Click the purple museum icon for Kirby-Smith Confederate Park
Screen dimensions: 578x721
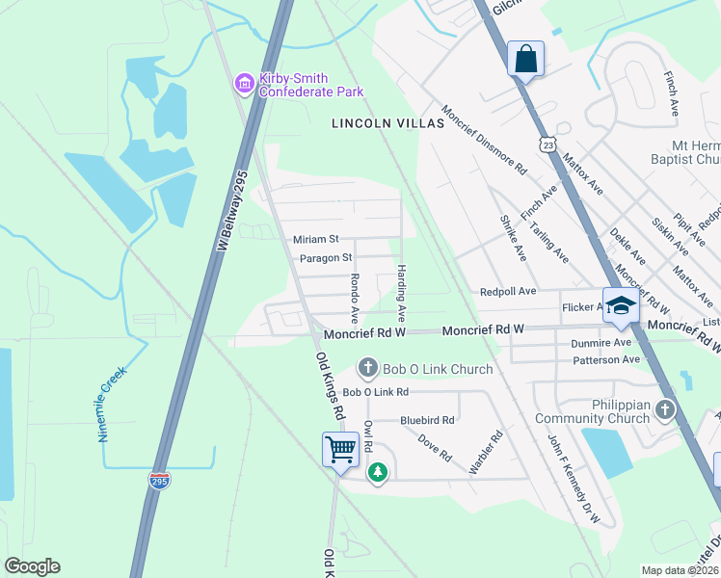pyautogui.click(x=244, y=86)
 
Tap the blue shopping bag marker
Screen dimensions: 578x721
pyautogui.click(x=525, y=59)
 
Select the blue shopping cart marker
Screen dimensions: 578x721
pyautogui.click(x=340, y=449)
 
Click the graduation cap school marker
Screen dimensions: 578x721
pyautogui.click(x=621, y=305)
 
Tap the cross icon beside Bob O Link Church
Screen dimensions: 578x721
pyautogui.click(x=366, y=368)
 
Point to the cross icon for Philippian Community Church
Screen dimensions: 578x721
pyautogui.click(x=664, y=411)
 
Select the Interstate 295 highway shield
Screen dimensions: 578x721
pyautogui.click(x=161, y=480)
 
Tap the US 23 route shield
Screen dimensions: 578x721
pyautogui.click(x=547, y=144)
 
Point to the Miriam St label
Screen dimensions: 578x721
pyautogui.click(x=316, y=239)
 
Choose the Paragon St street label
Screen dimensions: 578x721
pyautogui.click(x=325, y=258)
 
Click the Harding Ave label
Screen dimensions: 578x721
pyautogui.click(x=402, y=294)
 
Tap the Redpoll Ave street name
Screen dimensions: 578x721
pyautogui.click(x=508, y=291)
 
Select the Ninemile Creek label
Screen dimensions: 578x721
pyautogui.click(x=112, y=404)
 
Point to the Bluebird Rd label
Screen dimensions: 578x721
pyautogui.click(x=427, y=420)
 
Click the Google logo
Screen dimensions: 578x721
pyautogui.click(x=32, y=566)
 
